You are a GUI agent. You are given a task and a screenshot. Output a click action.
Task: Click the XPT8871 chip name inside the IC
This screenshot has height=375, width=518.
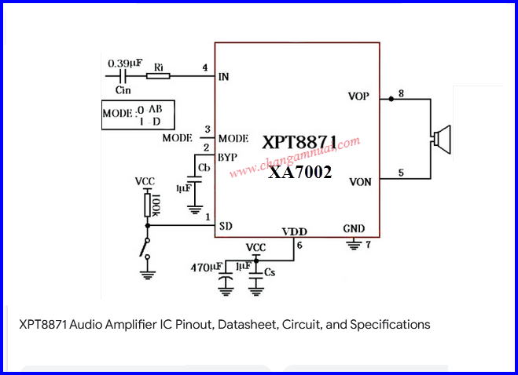click(x=299, y=143)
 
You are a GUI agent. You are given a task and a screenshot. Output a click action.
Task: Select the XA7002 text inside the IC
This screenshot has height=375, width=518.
click(x=299, y=172)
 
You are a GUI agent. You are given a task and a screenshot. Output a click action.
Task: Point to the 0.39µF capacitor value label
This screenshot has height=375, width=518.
click(x=124, y=62)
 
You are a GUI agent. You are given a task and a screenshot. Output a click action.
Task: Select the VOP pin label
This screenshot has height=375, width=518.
click(x=358, y=96)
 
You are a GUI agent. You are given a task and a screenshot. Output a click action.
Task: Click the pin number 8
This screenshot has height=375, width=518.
click(x=401, y=94)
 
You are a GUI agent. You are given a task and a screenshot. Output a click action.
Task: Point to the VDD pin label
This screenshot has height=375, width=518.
click(x=295, y=231)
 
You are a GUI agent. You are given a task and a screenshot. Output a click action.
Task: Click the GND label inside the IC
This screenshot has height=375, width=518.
click(x=354, y=229)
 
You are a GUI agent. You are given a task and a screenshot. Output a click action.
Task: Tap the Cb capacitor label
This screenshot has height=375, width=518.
click(x=204, y=169)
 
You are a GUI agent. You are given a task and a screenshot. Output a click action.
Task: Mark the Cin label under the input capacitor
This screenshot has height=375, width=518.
click(x=123, y=91)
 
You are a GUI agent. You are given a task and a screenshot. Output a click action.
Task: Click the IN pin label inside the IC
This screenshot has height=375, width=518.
click(x=224, y=77)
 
